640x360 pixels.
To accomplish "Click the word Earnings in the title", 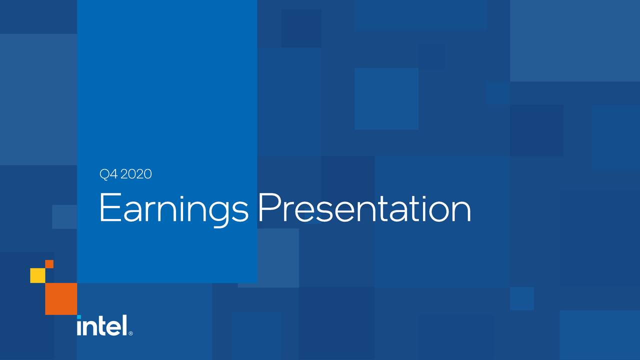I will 173,209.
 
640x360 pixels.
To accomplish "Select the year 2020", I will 135,174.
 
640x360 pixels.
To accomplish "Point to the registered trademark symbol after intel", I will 130,333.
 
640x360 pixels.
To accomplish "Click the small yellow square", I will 37,275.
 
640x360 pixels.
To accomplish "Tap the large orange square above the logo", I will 61,298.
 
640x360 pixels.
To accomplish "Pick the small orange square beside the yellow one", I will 49,264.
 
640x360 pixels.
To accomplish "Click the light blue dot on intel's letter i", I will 79,317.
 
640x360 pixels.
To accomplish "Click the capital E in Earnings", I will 108,208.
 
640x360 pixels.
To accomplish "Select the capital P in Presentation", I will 269,208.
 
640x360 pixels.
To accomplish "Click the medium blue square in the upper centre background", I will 386,98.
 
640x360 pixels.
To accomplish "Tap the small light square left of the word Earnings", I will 64,216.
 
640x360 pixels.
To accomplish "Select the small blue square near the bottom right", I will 521,298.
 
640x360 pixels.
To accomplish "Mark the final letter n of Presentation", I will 460,212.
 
